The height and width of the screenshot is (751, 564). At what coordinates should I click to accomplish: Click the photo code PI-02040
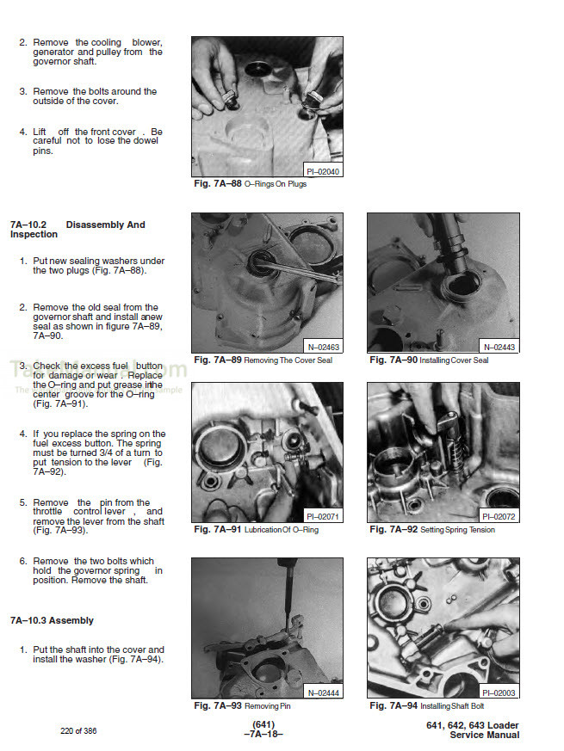pyautogui.click(x=323, y=172)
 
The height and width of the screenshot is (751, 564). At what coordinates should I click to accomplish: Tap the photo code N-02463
pyautogui.click(x=324, y=347)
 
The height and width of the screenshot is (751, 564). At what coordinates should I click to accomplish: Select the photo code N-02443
pyautogui.click(x=499, y=347)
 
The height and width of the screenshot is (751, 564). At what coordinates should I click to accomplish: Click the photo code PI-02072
pyautogui.click(x=499, y=516)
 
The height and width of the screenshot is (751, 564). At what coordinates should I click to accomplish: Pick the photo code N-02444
pyautogui.click(x=324, y=692)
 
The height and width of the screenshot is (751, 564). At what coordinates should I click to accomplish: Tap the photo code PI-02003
pyautogui.click(x=499, y=692)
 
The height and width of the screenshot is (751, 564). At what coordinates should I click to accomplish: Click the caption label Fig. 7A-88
pyautogui.click(x=217, y=184)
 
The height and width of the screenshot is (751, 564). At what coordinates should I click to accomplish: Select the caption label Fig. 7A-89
pyautogui.click(x=217, y=360)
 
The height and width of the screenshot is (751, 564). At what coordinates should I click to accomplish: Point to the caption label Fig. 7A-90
pyautogui.click(x=393, y=360)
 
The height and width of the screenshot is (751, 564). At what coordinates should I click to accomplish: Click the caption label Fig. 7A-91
pyautogui.click(x=217, y=529)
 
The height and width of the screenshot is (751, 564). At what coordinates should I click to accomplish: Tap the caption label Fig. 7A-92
pyautogui.click(x=393, y=529)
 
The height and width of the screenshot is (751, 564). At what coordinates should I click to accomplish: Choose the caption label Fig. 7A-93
pyautogui.click(x=217, y=705)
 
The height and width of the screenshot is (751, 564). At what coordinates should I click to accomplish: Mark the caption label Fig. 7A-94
pyautogui.click(x=393, y=705)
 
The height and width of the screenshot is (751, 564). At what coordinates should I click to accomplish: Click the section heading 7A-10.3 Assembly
pyautogui.click(x=53, y=620)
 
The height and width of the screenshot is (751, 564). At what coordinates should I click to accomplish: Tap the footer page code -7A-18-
pyautogui.click(x=263, y=733)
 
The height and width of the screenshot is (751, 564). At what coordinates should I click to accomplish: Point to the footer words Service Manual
pyautogui.click(x=485, y=736)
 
